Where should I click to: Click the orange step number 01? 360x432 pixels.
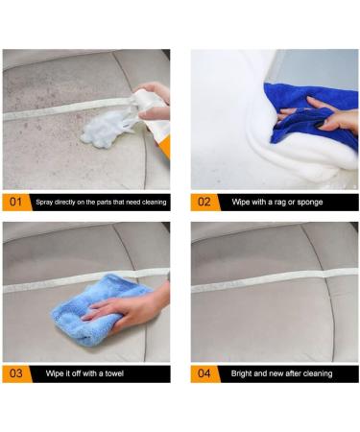coord(16,203)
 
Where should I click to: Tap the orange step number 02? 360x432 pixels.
coord(204,203)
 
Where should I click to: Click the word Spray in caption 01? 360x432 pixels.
coord(44,203)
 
